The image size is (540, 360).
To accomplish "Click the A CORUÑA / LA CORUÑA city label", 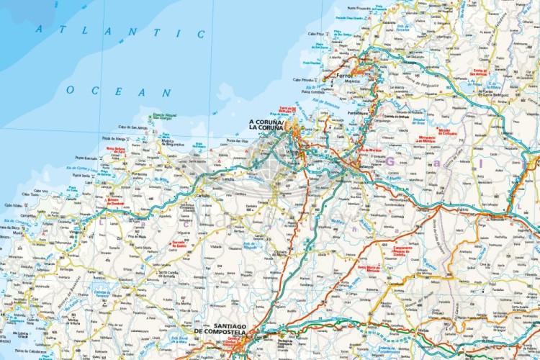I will (266, 126).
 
